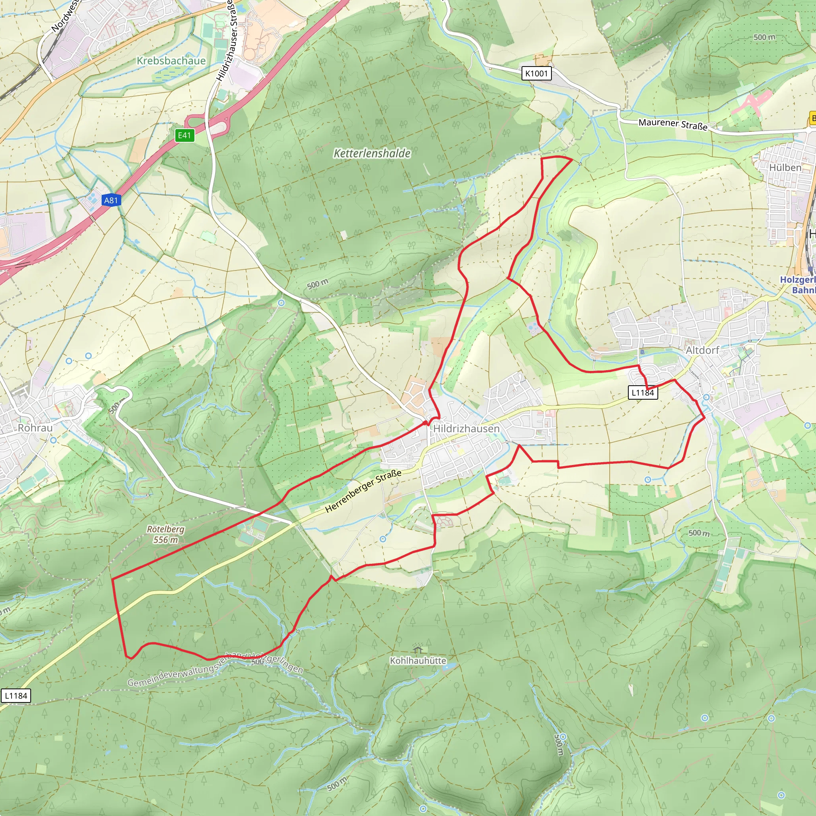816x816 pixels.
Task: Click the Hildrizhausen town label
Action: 466,429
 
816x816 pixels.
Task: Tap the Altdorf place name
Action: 702,350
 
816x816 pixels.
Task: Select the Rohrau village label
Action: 35,428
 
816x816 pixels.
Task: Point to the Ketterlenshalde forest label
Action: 372,153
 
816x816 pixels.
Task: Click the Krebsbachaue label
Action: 171,61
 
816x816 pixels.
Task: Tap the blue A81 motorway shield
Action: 111,200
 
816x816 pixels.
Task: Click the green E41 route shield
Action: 184,135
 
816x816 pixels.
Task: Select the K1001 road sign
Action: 536,73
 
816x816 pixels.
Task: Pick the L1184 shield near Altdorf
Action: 642,392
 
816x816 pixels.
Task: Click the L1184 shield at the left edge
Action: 16,696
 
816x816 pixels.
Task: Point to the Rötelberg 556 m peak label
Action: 166,534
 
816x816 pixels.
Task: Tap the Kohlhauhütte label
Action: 418,660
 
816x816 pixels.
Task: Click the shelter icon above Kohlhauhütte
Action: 418,649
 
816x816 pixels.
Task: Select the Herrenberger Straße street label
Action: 363,491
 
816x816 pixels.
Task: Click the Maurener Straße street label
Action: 673,124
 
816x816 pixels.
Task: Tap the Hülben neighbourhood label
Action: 785,168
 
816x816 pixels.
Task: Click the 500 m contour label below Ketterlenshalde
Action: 318,284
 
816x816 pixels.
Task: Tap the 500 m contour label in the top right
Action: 765,37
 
